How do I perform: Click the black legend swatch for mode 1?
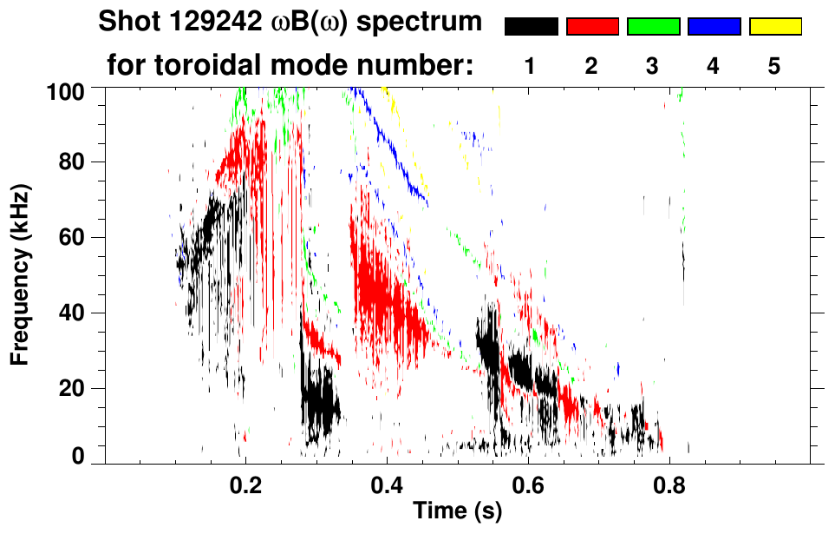click(x=531, y=27)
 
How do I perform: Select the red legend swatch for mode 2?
click(x=592, y=27)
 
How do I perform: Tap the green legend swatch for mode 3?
click(x=653, y=27)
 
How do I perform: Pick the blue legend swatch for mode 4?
click(x=714, y=27)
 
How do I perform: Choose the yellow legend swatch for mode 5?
click(x=774, y=27)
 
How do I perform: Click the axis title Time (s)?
click(x=457, y=511)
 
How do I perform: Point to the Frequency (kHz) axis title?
click(x=22, y=274)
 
